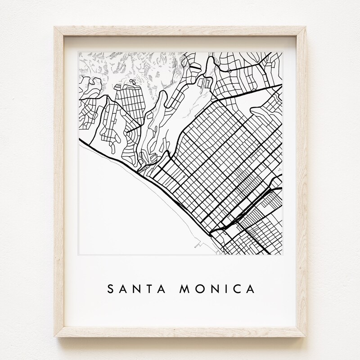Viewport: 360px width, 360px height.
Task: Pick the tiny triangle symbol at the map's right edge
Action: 279,169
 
